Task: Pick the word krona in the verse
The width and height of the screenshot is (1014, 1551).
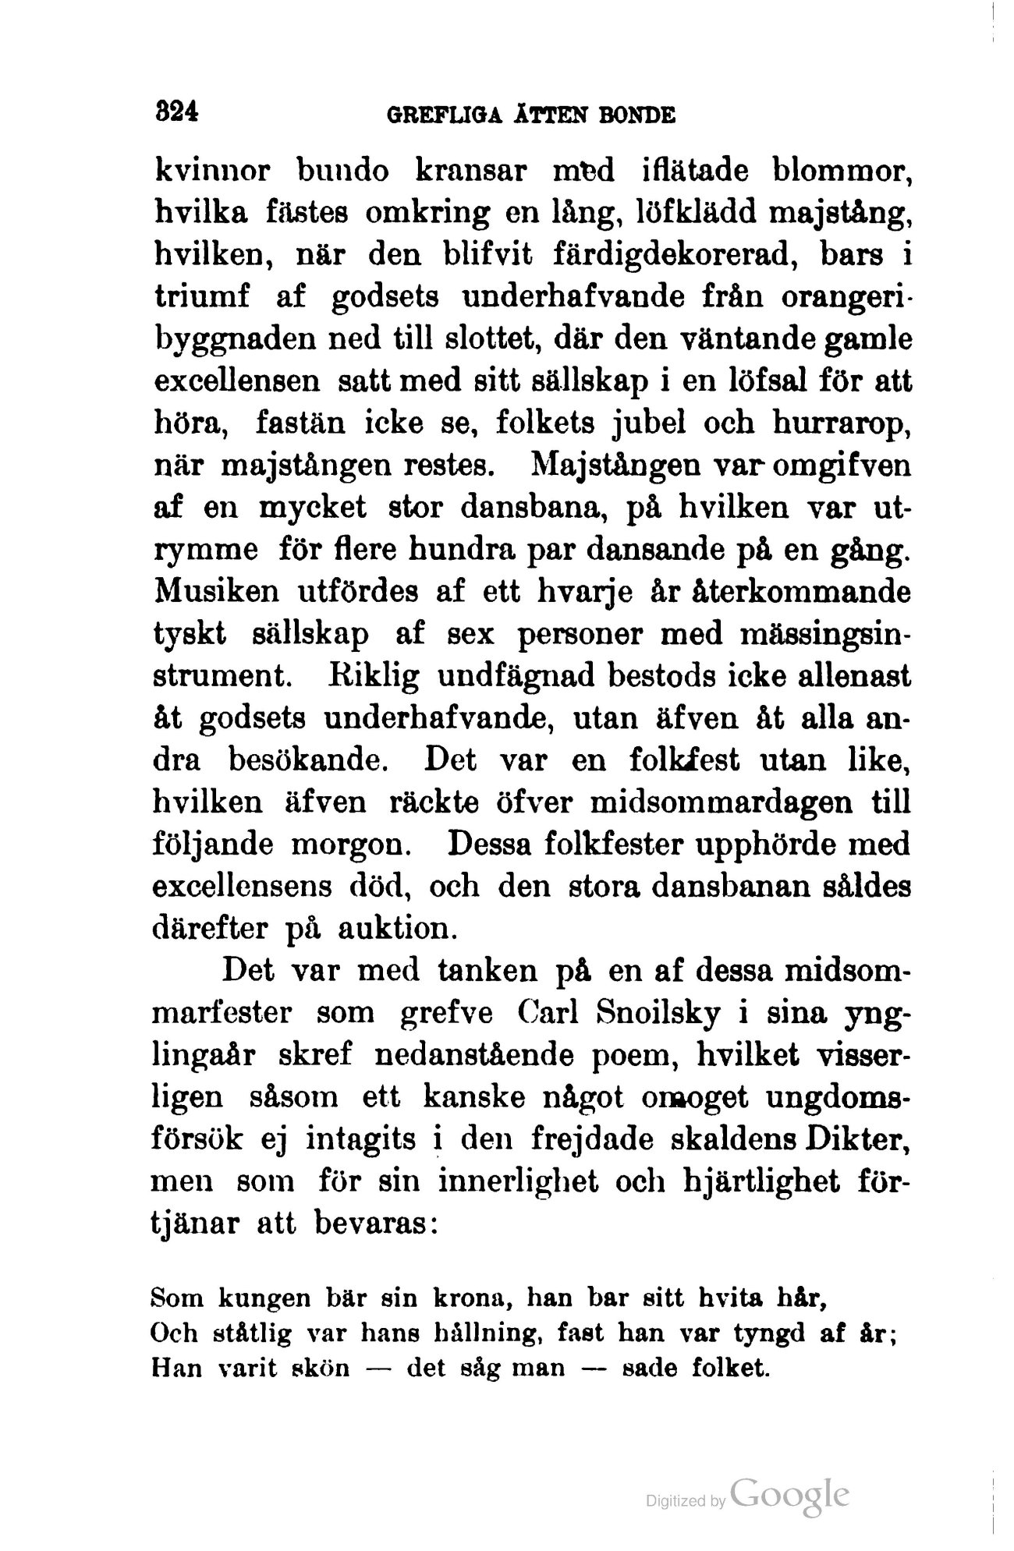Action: coord(470,1300)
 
